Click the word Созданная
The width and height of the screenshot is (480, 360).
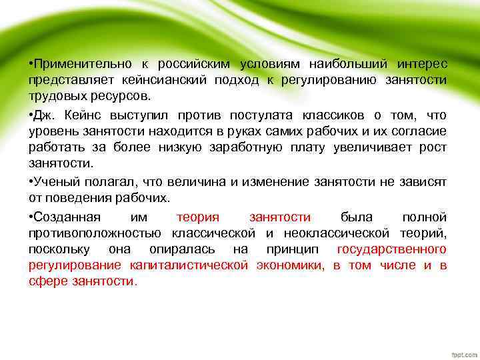tap(67, 217)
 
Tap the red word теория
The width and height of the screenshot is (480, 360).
tap(198, 217)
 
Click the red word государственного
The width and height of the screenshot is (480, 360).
tap(391, 249)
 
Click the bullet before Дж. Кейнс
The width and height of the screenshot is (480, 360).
tap(31, 115)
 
